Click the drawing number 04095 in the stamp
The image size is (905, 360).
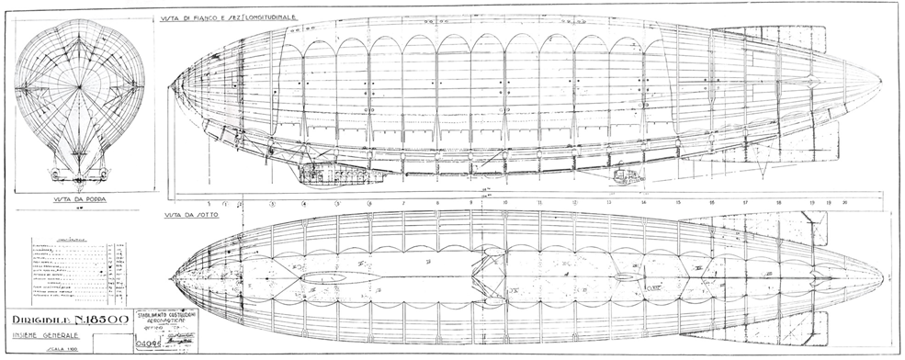pos(150,348)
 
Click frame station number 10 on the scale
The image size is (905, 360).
pos(504,202)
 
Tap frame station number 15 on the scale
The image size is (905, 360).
pos(677,202)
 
